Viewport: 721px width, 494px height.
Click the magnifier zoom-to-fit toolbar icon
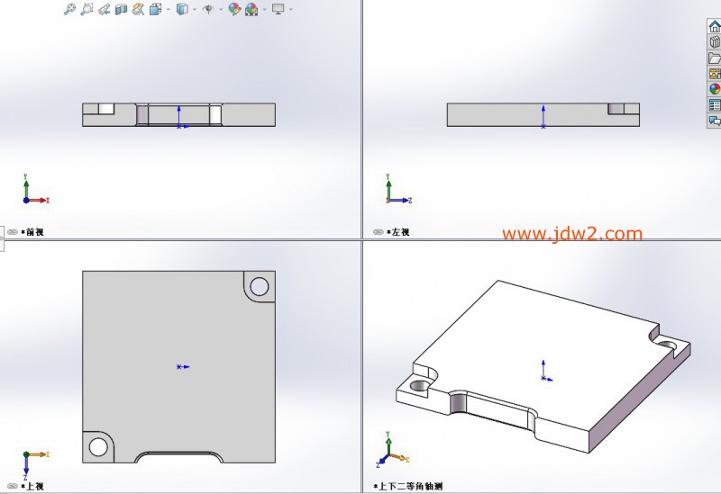click(69, 9)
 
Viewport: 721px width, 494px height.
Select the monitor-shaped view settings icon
click(278, 9)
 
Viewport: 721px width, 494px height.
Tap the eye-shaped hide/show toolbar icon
click(208, 9)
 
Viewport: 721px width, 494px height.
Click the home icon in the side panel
click(714, 26)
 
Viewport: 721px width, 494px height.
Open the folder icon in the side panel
click(714, 58)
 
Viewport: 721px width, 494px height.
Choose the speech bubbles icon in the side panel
click(714, 121)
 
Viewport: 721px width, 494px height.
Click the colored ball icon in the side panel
click(714, 89)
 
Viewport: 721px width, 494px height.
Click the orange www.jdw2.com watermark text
click(572, 234)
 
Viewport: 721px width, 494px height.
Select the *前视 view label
click(32, 232)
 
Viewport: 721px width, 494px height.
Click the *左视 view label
click(398, 232)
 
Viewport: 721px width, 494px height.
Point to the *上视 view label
click(32, 486)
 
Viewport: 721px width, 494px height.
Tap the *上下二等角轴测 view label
click(408, 486)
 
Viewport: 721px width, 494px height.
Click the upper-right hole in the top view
click(260, 286)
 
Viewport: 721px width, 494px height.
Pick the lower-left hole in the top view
click(98, 446)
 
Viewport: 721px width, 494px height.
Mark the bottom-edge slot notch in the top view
click(178, 457)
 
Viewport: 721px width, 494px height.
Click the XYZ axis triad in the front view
click(34, 189)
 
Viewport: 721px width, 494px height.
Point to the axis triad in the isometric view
click(392, 450)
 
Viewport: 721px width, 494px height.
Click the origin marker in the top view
click(183, 367)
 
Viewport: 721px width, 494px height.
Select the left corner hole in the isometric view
click(419, 385)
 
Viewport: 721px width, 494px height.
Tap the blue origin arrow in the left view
click(543, 117)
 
